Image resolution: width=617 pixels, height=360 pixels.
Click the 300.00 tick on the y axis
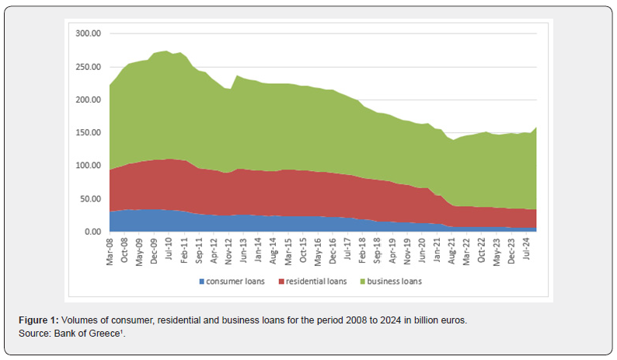[89, 34]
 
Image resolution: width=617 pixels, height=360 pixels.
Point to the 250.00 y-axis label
[89, 67]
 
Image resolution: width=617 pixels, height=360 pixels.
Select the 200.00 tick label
[89, 100]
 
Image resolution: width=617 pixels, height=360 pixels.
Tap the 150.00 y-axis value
[89, 133]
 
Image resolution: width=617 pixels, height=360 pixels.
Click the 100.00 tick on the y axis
[89, 166]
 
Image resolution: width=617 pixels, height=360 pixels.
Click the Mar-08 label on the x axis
[110, 252]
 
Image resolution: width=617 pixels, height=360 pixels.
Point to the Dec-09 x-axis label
[155, 252]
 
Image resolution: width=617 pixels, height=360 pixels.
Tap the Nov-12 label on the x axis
[228, 252]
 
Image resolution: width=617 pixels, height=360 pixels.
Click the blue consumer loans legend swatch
[200, 281]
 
